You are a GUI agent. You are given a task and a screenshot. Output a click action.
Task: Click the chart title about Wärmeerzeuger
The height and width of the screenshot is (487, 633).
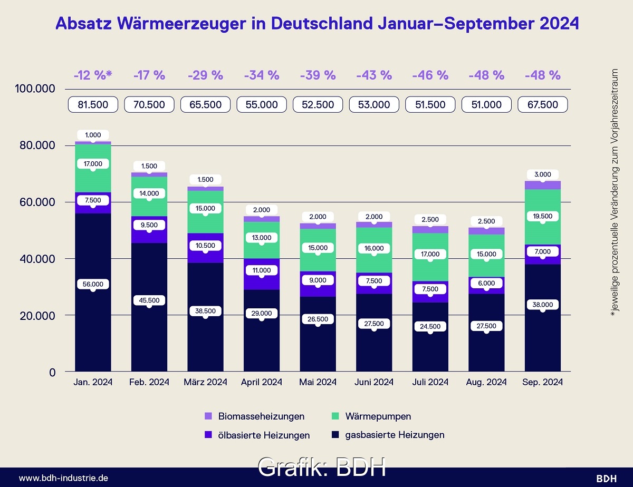[x=317, y=24]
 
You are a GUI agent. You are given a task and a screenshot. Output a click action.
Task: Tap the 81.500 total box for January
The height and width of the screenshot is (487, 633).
[x=93, y=104]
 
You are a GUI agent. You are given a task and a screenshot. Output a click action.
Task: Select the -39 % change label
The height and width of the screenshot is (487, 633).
[x=318, y=75]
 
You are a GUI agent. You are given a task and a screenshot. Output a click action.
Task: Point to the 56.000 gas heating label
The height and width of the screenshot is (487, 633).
[x=93, y=284]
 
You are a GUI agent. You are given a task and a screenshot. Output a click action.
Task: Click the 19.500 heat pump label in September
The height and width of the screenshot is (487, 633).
[x=543, y=216]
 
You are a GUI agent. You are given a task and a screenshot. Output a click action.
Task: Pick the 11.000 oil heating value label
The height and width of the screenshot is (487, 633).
[x=262, y=270]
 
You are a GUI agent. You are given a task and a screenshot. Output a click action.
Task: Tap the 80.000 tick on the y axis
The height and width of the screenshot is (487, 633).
[x=37, y=145]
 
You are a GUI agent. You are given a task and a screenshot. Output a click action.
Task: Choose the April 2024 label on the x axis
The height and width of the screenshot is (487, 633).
[x=262, y=382]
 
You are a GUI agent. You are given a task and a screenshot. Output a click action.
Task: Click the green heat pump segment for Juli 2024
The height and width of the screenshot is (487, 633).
[x=430, y=269]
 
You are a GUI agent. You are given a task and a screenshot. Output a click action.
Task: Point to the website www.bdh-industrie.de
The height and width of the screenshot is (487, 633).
[x=64, y=478]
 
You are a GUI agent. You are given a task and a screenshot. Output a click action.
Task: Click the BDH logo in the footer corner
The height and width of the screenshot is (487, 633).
[x=606, y=478]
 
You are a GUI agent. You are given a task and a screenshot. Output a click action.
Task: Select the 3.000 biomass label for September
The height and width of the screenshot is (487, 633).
[x=543, y=174]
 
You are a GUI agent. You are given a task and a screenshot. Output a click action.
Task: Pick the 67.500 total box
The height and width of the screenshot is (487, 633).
[x=543, y=104]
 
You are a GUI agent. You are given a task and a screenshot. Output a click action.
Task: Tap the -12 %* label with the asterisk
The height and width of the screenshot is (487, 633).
[x=93, y=75]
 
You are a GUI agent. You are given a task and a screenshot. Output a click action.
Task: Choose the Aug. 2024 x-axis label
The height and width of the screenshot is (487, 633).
[x=486, y=382]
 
